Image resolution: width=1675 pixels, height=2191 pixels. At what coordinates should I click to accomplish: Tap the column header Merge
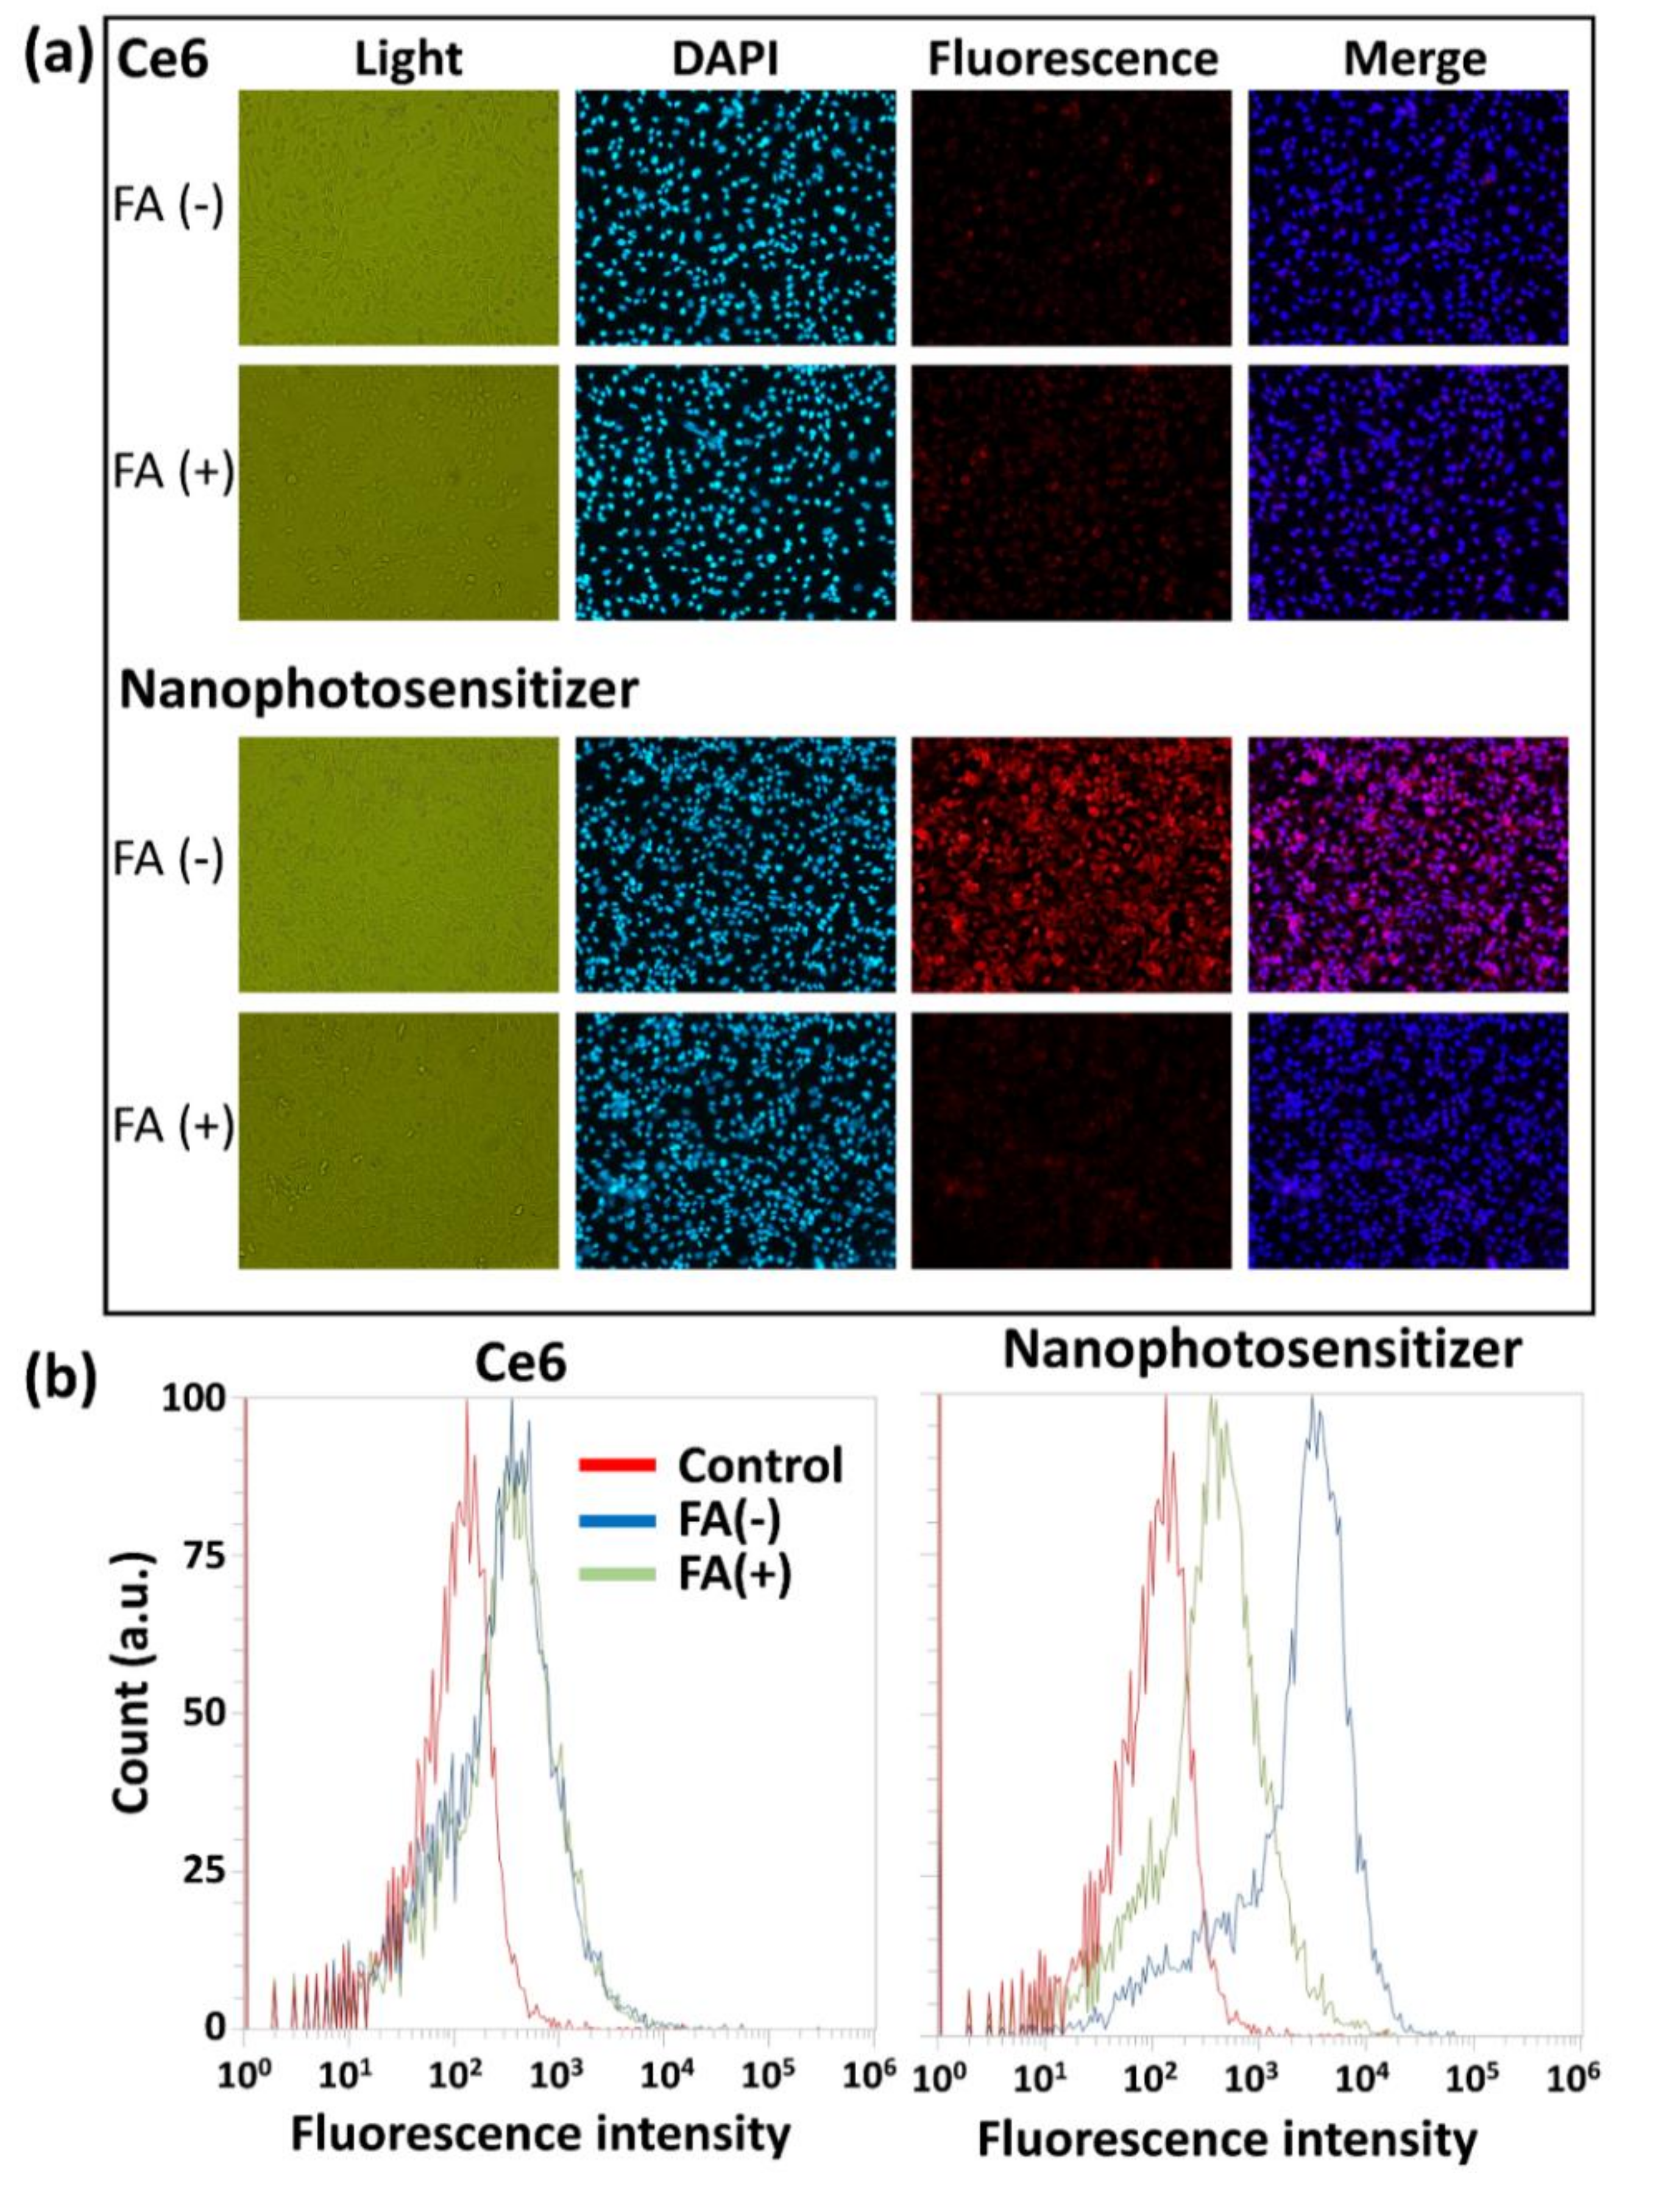coord(1415,60)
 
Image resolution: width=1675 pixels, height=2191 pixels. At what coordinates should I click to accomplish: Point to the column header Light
coord(409,60)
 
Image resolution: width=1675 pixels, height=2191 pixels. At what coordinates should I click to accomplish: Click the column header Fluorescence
coord(1073,60)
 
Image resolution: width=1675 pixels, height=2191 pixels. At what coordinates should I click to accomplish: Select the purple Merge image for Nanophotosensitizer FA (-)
coord(1408,865)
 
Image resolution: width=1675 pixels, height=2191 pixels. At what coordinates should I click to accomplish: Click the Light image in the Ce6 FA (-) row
coord(399,217)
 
